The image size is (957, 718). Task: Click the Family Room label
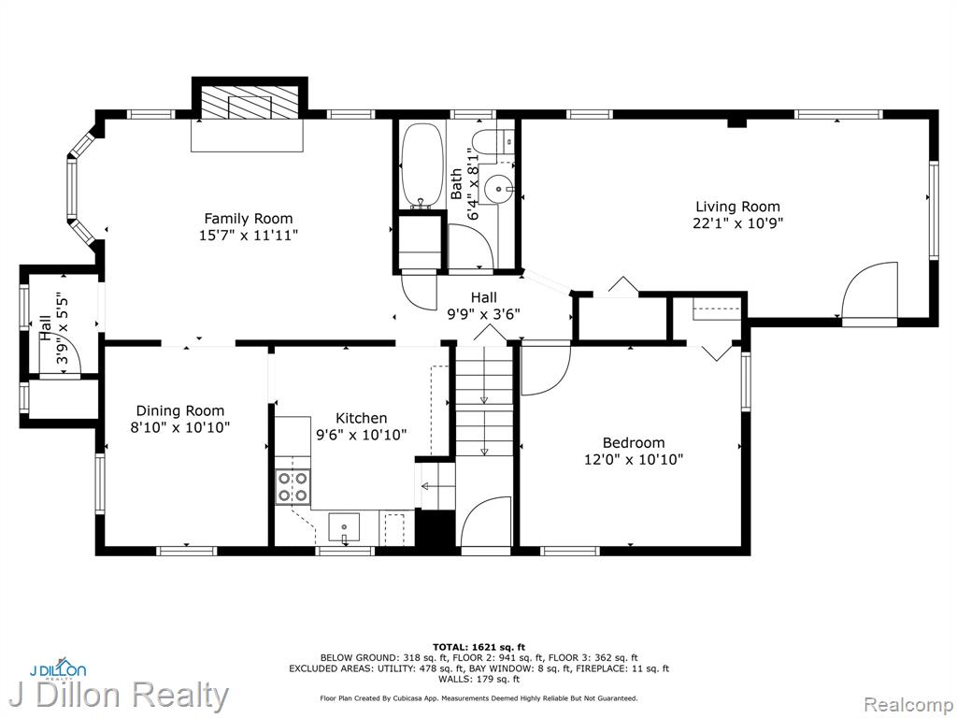[x=249, y=219]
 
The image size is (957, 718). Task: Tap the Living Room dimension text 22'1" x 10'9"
[x=738, y=223]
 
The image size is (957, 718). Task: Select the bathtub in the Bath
[x=421, y=166]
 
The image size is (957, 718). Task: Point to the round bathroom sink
[x=498, y=189]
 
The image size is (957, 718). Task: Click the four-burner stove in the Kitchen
[x=293, y=487]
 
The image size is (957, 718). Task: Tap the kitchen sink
[x=344, y=527]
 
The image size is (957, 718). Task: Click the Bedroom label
[x=634, y=443]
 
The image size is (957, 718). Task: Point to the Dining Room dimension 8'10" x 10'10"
[x=180, y=427]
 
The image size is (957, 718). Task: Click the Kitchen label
[x=362, y=418]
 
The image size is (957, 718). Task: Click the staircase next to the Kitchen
[x=485, y=400]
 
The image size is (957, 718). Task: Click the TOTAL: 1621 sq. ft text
[x=478, y=647]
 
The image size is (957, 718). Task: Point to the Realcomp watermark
[x=908, y=705]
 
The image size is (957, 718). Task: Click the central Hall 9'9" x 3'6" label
[x=483, y=306]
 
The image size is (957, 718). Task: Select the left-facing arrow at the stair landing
[x=434, y=486]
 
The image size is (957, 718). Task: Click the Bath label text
[x=456, y=184]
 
